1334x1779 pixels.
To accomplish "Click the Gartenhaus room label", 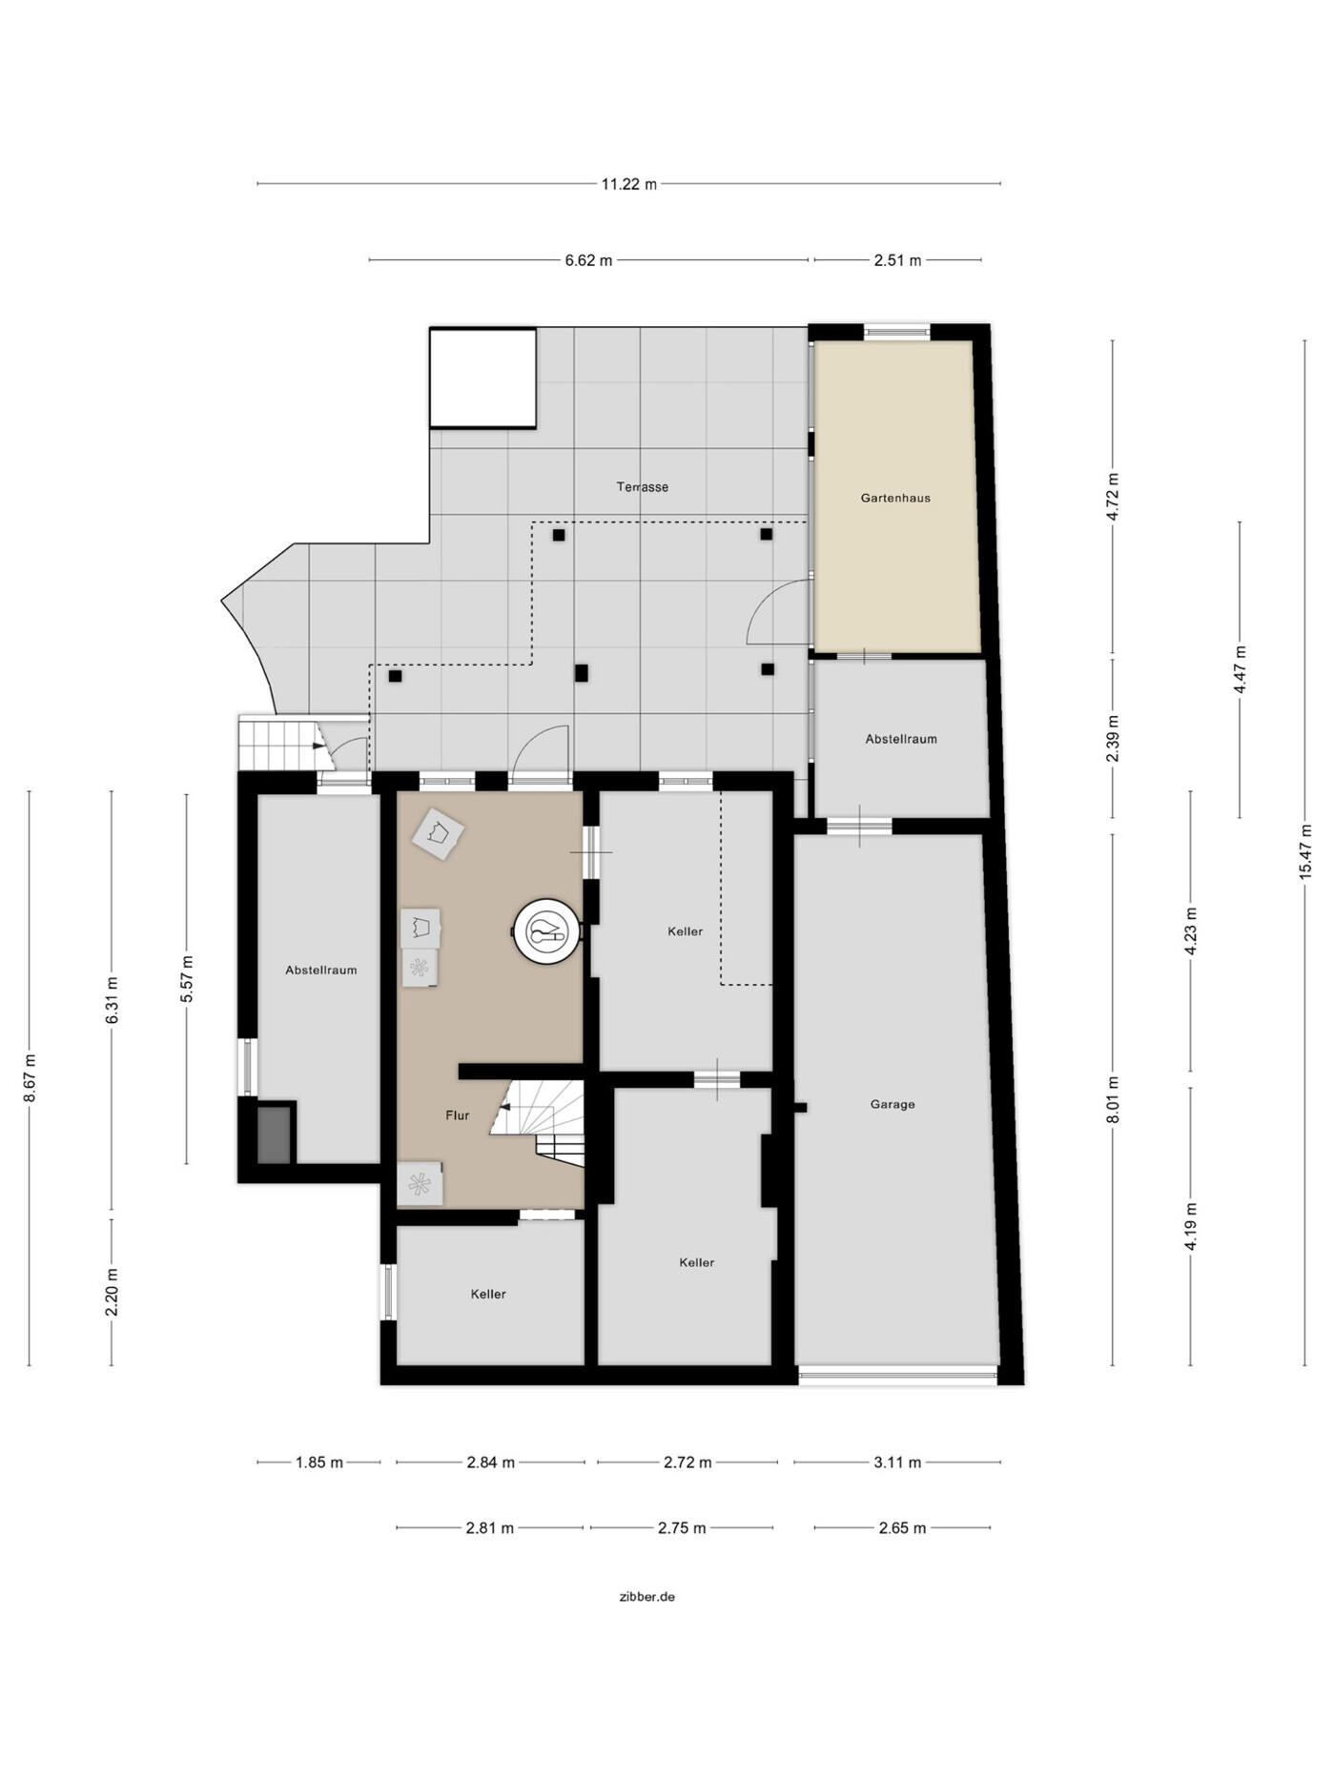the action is (895, 498).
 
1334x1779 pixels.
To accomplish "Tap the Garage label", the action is (893, 1104).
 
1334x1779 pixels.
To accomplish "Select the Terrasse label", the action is (643, 487).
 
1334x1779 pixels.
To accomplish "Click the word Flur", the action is (458, 1115).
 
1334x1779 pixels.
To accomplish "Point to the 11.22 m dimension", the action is (629, 184).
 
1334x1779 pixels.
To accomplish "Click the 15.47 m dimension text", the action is (1306, 851).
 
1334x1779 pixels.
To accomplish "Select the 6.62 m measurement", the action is (588, 260).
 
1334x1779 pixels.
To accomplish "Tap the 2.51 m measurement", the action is (898, 260).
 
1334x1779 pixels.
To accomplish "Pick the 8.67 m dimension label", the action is (30, 1078).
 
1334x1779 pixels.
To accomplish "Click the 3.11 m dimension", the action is (897, 1462).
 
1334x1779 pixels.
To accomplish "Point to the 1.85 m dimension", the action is (319, 1462).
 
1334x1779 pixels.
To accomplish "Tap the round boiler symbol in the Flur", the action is (546, 930).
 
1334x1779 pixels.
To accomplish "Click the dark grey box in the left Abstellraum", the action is (275, 1135).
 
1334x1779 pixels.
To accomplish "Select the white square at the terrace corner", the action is (482, 378).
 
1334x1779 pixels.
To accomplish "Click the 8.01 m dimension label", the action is (1113, 1099).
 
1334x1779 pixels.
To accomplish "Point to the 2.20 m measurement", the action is (113, 1293).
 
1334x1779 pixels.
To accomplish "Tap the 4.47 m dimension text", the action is (1241, 670).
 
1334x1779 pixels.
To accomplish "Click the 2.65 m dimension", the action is (902, 1528).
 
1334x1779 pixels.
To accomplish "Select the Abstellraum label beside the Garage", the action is (901, 739).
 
